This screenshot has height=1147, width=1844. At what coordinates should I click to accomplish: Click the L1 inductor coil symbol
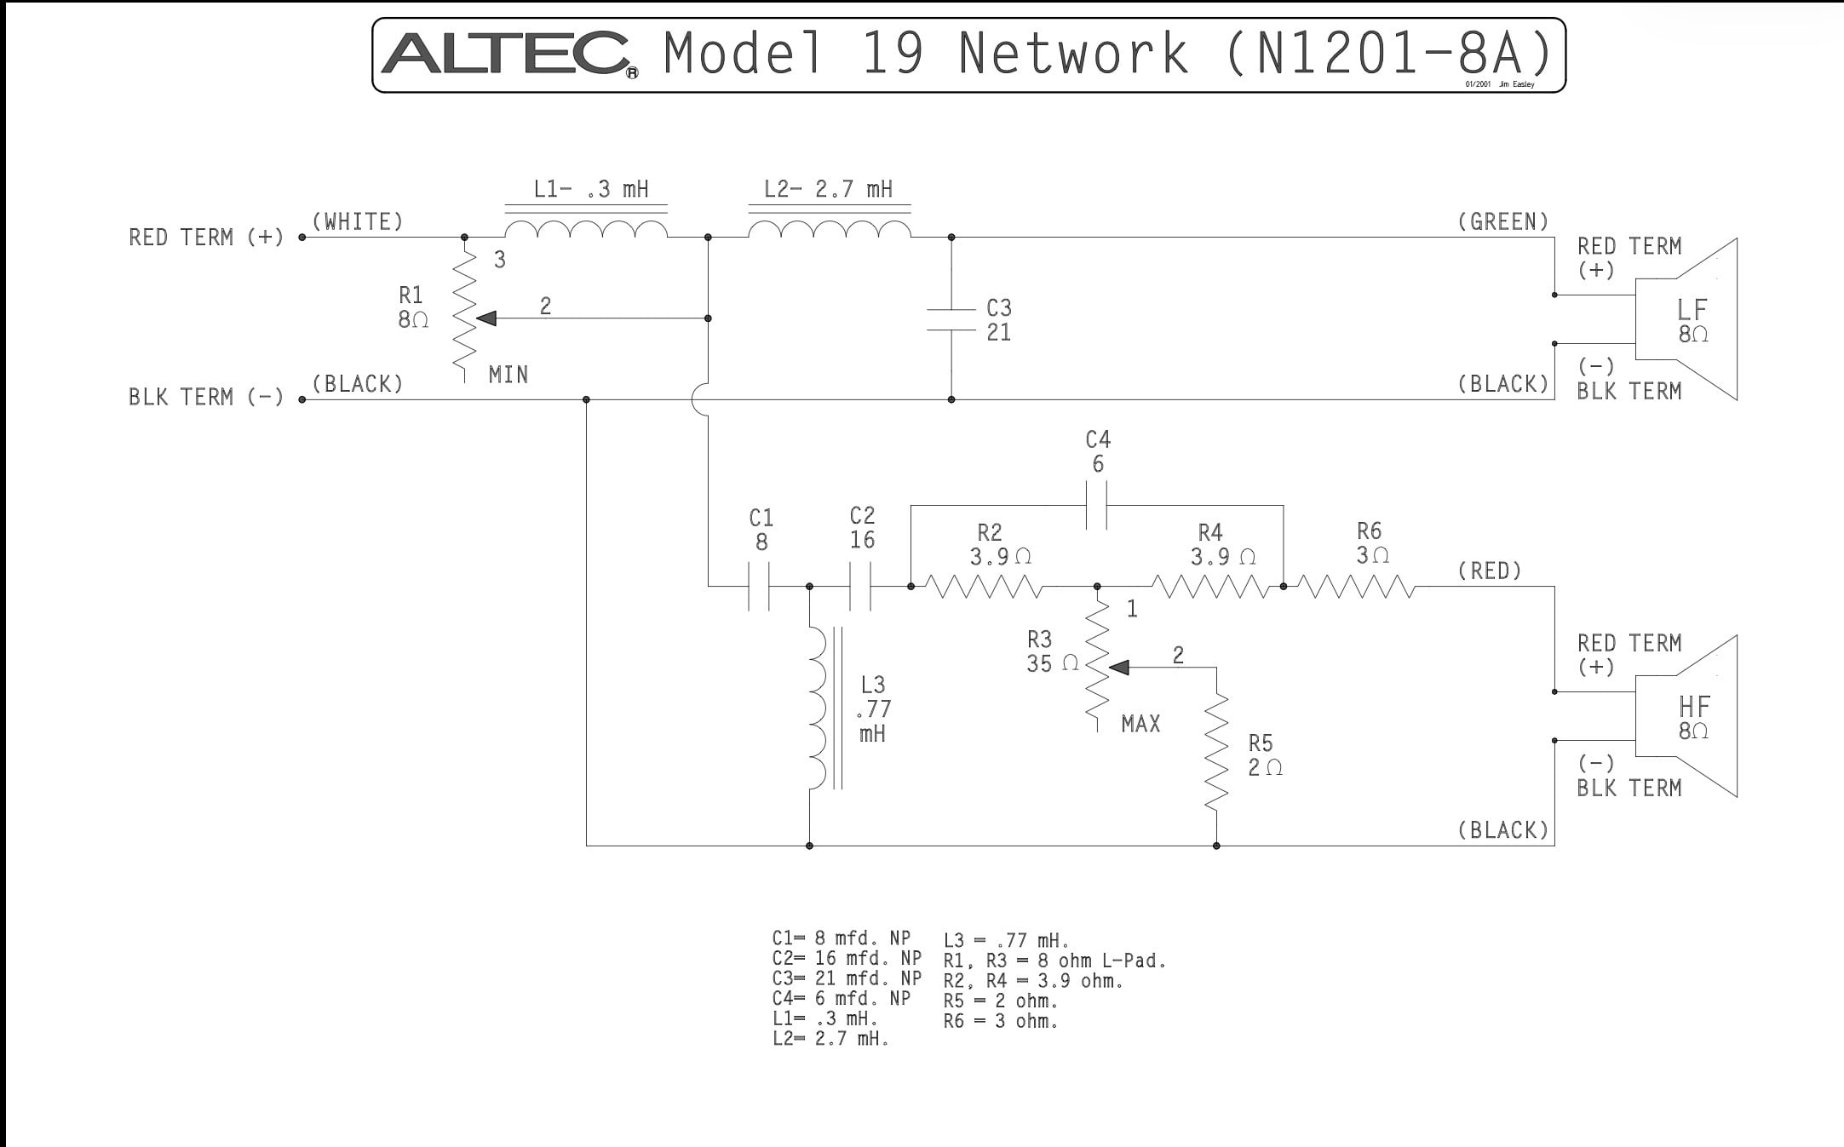[586, 228]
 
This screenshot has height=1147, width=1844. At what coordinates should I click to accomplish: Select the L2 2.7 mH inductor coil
[830, 228]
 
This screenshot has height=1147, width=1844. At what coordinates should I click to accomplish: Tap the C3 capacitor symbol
[951, 318]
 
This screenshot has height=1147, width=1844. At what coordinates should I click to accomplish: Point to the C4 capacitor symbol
[1097, 505]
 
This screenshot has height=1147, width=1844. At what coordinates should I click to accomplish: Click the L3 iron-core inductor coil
[819, 708]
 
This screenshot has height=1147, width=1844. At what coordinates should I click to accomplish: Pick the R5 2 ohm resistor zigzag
[1216, 751]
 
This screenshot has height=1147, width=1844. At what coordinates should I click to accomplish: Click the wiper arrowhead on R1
[485, 318]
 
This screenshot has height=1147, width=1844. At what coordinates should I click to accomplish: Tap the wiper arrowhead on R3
[1119, 668]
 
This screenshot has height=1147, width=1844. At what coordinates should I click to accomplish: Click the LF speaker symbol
[1686, 318]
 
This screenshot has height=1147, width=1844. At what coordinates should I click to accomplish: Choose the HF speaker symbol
[1686, 716]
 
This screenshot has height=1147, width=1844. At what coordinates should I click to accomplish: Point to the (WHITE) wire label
[358, 222]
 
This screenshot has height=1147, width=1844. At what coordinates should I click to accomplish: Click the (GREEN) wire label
[1503, 222]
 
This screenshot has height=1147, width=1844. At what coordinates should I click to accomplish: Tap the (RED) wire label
[1490, 571]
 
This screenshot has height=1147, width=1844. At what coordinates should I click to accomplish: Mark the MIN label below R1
[508, 375]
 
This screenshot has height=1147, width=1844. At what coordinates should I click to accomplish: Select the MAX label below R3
[1140, 724]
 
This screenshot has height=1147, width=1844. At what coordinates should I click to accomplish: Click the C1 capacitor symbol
[759, 586]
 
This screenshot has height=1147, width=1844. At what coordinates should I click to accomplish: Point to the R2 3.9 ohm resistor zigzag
[983, 587]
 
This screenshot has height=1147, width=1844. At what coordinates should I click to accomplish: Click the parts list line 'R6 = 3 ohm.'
[1001, 1021]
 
